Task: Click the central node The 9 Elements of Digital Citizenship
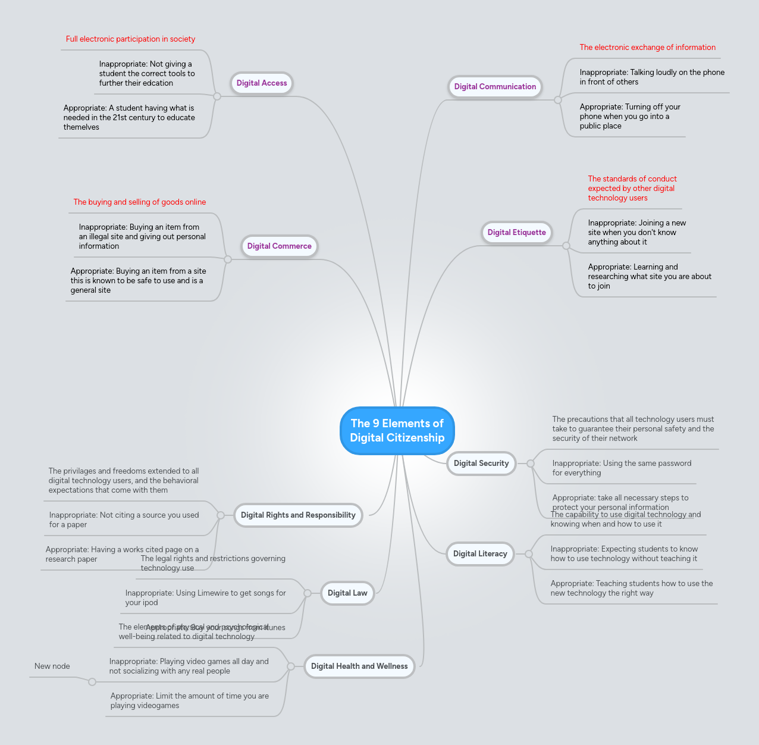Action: click(x=397, y=431)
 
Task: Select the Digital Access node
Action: click(x=262, y=83)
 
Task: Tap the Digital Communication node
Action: click(x=495, y=87)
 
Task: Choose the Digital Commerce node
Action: click(x=279, y=246)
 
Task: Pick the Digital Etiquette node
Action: click(x=516, y=233)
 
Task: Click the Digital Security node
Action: click(x=481, y=464)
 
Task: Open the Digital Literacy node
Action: click(x=480, y=554)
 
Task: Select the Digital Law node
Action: click(x=347, y=593)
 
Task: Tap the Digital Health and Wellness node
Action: click(x=359, y=666)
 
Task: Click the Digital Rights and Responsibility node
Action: click(x=298, y=515)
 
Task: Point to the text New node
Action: click(x=52, y=666)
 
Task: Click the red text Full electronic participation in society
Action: click(x=130, y=39)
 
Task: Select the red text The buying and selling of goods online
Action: click(x=140, y=202)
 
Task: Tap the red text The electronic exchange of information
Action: click(x=648, y=48)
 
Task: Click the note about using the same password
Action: click(x=622, y=468)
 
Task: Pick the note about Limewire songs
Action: click(x=205, y=598)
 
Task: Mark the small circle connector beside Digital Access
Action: click(x=217, y=96)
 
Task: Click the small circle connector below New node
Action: click(x=92, y=682)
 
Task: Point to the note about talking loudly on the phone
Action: click(x=652, y=77)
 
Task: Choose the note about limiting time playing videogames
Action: click(x=189, y=701)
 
